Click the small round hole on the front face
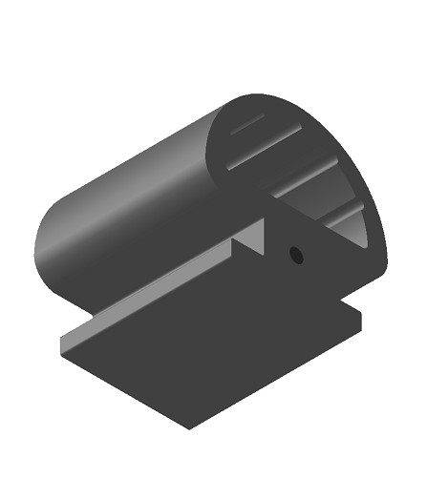296,255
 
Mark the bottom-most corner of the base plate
189,428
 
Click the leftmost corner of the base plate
60,355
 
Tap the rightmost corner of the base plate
365,316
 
